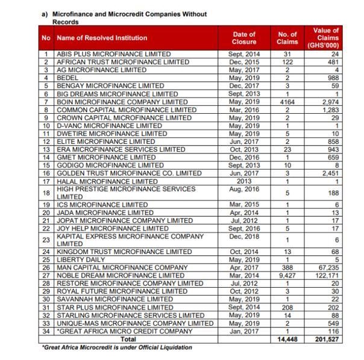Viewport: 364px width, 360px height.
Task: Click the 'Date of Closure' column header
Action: (x=243, y=38)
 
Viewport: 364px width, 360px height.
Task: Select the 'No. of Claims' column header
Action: (x=287, y=38)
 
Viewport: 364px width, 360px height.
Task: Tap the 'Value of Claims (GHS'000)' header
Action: (x=327, y=38)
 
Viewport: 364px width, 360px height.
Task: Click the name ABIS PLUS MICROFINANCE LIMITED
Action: (x=113, y=54)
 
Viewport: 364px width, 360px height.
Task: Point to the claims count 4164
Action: (x=287, y=101)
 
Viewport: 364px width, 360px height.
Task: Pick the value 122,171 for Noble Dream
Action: (x=327, y=275)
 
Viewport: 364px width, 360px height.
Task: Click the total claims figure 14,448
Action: (x=287, y=339)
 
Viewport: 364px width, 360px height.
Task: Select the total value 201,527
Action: (x=327, y=339)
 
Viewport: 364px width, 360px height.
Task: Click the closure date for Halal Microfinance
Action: (x=243, y=181)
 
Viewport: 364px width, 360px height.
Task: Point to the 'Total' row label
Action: (x=133, y=339)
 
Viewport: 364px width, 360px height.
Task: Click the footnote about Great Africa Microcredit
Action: (x=116, y=347)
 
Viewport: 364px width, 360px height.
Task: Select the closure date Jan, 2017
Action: (x=243, y=331)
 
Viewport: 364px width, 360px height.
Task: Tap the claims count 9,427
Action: (x=287, y=275)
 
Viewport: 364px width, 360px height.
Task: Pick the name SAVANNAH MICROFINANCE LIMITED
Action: (x=115, y=299)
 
